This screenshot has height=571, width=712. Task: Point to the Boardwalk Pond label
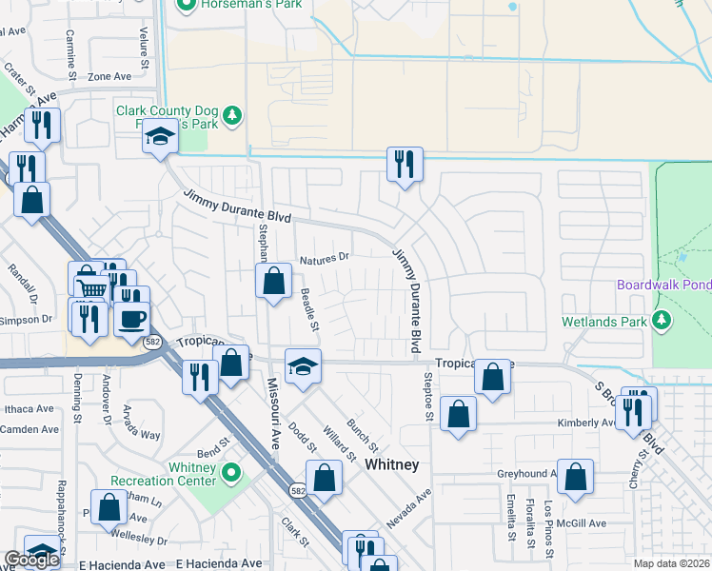click(663, 285)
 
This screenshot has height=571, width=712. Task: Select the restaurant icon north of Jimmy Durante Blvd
click(405, 165)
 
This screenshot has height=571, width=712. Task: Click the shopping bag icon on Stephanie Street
click(273, 282)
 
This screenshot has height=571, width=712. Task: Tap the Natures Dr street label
click(325, 257)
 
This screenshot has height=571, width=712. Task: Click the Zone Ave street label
click(109, 77)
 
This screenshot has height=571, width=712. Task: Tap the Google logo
click(31, 560)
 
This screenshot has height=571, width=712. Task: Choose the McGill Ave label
click(583, 522)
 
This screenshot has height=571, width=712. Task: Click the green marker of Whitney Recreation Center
click(230, 472)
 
